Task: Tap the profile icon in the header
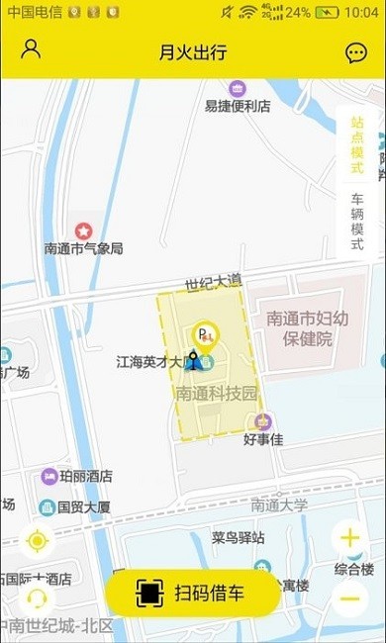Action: (x=31, y=50)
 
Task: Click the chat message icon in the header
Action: (x=355, y=53)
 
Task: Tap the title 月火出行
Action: (x=193, y=52)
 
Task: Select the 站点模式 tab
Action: (x=357, y=144)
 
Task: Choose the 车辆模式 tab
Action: (x=357, y=222)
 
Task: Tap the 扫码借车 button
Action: (x=193, y=593)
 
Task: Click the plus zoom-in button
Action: (x=349, y=539)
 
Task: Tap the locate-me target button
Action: (x=38, y=541)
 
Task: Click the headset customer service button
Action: (x=38, y=597)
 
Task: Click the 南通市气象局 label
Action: (x=84, y=248)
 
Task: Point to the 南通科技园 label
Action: (x=217, y=393)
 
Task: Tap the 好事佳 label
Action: (x=263, y=438)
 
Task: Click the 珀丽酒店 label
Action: (x=85, y=476)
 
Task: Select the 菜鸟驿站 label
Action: (x=238, y=537)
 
